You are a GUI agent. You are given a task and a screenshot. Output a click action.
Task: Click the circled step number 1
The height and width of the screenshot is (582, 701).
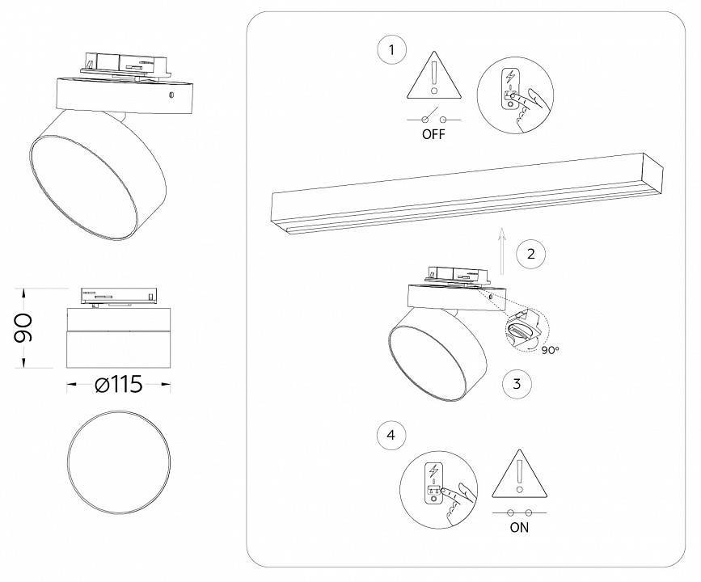[x=391, y=49]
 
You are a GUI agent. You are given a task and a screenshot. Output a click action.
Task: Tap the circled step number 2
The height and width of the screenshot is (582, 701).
[x=530, y=254]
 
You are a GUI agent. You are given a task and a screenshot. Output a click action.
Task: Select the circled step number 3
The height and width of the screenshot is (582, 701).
[x=517, y=383]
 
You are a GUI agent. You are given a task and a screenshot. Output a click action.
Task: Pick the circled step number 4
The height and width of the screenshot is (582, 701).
[x=391, y=435]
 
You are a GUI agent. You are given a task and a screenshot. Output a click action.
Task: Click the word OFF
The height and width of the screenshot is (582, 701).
[x=433, y=134]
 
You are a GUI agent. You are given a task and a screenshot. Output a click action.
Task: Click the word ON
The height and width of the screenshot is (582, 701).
[x=519, y=528]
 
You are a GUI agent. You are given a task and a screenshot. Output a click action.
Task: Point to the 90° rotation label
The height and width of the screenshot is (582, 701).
[x=551, y=350]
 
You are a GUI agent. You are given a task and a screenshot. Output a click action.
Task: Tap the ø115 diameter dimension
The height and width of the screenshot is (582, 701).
[x=119, y=384]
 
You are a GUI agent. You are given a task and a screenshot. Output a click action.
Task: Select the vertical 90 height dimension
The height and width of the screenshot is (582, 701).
[x=23, y=327]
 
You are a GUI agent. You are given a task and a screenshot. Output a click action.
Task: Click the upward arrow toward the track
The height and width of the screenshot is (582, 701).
[x=502, y=251]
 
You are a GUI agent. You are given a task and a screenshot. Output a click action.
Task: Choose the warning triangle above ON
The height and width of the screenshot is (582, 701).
[x=519, y=474]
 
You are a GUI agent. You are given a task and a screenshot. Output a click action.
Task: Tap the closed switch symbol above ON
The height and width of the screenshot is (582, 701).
[x=519, y=512]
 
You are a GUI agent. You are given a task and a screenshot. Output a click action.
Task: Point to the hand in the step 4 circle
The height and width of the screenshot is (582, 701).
[x=458, y=503]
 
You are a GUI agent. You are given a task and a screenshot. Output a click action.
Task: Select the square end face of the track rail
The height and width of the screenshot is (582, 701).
[x=653, y=172]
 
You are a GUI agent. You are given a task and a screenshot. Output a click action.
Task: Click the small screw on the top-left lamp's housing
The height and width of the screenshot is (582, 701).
[x=171, y=95]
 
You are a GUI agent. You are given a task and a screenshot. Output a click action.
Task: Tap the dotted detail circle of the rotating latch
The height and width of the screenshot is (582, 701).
[x=527, y=330]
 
